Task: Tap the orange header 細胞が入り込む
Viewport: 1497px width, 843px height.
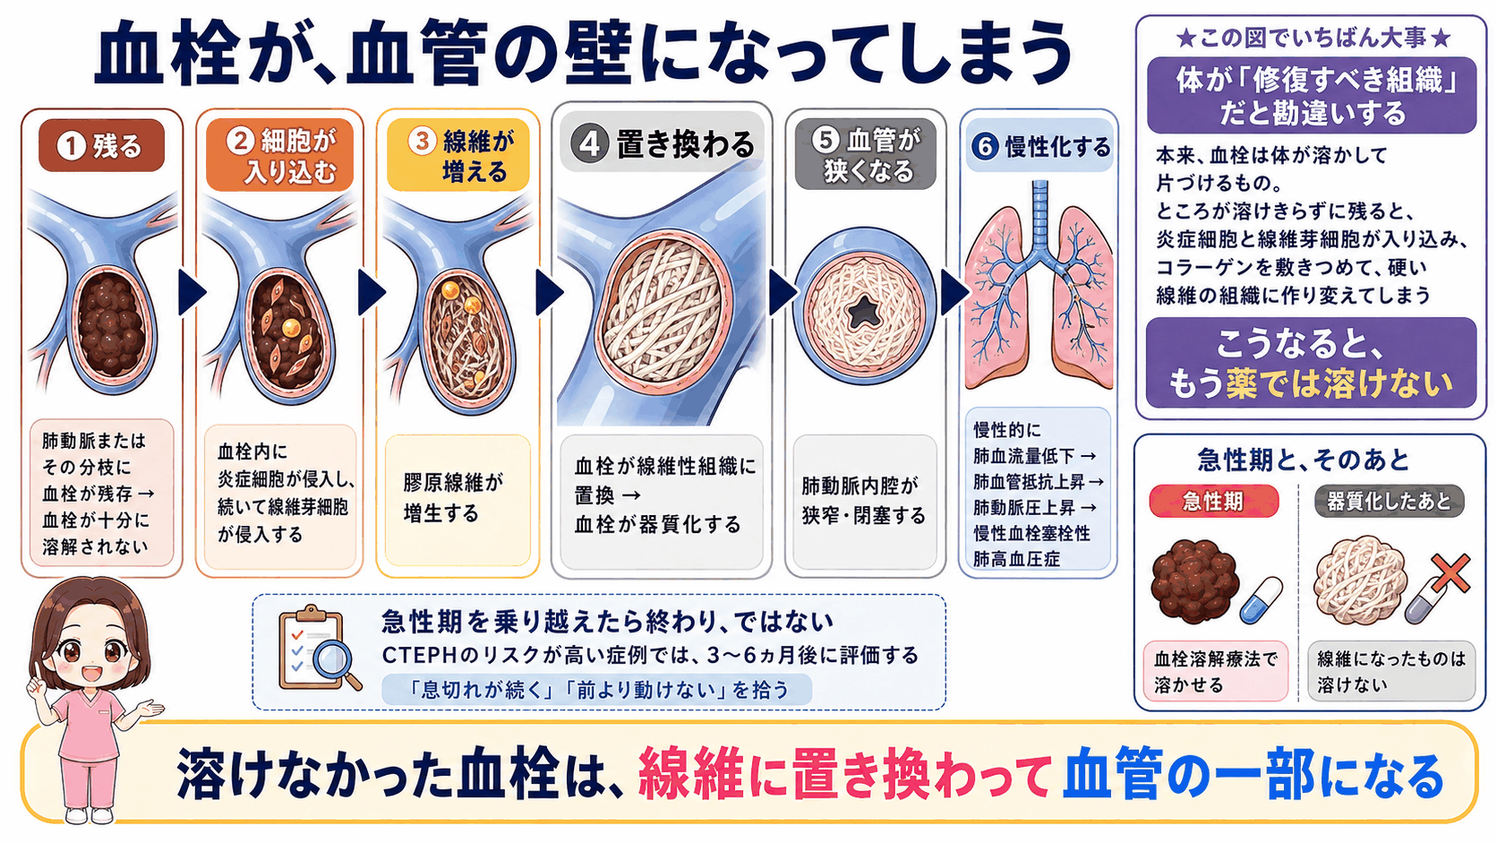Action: [279, 155]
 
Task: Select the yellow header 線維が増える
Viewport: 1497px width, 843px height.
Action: [458, 155]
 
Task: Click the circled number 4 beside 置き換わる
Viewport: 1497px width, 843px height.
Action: [589, 143]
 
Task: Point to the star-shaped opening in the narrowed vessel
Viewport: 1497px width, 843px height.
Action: [863, 310]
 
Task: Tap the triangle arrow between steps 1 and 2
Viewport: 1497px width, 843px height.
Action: [192, 292]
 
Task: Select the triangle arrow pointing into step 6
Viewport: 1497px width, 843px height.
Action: [954, 292]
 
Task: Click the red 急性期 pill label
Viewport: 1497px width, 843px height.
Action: [1213, 502]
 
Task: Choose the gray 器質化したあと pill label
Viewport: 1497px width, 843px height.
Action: [1389, 502]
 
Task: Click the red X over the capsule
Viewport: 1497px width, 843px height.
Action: [1450, 573]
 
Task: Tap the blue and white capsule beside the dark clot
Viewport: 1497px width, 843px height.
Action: [1261, 600]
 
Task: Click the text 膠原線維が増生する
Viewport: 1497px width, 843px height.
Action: [452, 498]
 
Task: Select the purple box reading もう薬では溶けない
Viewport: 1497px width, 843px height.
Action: [1311, 363]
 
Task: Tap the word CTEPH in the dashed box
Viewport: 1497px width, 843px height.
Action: [419, 656]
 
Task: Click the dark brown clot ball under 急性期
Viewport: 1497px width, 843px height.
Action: [1193, 581]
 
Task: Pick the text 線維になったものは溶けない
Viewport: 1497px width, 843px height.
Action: [1390, 672]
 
